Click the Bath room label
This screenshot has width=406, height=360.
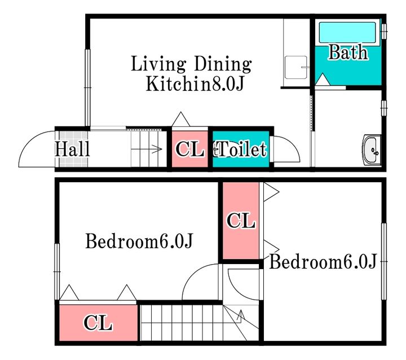pyautogui.click(x=348, y=52)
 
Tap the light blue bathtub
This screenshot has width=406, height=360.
pyautogui.click(x=347, y=32)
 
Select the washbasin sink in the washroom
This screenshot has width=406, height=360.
pyautogui.click(x=372, y=150)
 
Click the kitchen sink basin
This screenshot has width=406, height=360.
pyautogui.click(x=295, y=67)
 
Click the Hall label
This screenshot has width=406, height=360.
pyautogui.click(x=73, y=149)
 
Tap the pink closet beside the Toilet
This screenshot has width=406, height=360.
pyautogui.click(x=190, y=149)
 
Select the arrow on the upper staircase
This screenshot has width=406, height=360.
pyautogui.click(x=147, y=149)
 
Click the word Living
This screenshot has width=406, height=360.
pyautogui.click(x=158, y=64)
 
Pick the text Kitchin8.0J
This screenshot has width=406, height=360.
pyautogui.click(x=195, y=84)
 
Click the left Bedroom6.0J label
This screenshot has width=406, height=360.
pyautogui.click(x=139, y=241)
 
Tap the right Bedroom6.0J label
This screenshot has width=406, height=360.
pyautogui.click(x=323, y=261)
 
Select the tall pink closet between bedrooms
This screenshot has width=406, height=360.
pyautogui.click(x=241, y=221)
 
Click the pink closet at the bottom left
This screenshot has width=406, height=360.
pyautogui.click(x=98, y=323)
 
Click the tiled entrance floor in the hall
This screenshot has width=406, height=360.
pyautogui.click(x=73, y=149)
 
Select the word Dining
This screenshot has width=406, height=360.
pyautogui.click(x=223, y=64)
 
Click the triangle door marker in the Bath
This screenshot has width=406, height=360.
pyautogui.click(x=323, y=80)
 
